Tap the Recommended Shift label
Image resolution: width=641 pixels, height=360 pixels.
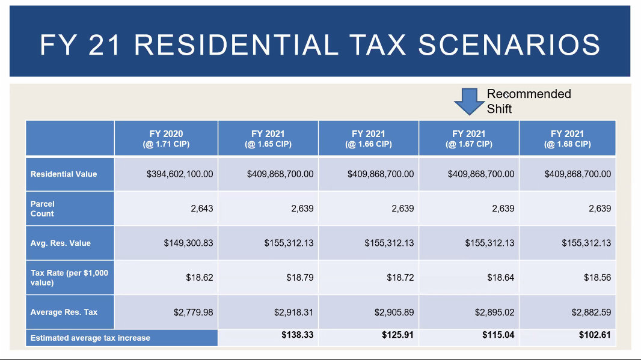point(529,101)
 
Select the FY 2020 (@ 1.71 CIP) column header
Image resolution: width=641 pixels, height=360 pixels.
point(166,139)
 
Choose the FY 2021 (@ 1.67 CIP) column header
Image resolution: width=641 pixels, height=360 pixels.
point(469,139)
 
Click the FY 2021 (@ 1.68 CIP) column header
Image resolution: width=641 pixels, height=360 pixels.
point(567,139)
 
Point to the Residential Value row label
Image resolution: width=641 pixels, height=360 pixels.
point(64,174)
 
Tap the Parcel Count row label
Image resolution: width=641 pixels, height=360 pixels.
point(43,209)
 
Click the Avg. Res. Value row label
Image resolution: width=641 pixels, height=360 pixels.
point(61,243)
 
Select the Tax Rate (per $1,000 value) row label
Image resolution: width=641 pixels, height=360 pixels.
point(69,278)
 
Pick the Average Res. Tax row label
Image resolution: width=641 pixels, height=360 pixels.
point(64,313)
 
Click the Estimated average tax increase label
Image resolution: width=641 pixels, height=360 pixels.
point(90,338)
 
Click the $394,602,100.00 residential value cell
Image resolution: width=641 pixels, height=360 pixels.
point(180,174)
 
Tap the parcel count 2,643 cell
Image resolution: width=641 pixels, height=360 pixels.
point(200,209)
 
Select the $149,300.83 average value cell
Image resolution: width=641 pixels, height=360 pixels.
point(188,243)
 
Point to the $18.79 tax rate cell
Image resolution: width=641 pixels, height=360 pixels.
point(299,278)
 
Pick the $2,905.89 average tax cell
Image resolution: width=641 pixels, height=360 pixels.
point(389,313)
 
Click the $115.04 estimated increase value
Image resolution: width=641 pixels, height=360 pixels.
point(498,335)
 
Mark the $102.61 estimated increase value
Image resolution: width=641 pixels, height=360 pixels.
point(595,335)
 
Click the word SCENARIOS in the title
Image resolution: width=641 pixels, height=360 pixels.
point(509,46)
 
